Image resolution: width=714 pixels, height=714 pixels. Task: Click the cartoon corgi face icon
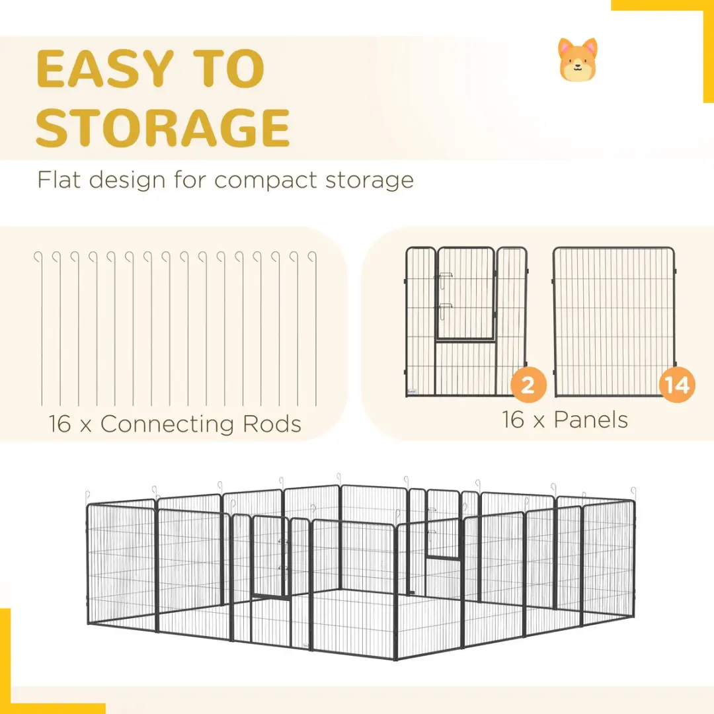click(x=578, y=59)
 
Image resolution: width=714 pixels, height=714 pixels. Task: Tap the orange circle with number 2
click(x=528, y=385)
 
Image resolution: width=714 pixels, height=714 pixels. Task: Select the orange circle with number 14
click(x=677, y=385)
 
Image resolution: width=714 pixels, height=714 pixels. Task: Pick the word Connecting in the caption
click(x=167, y=425)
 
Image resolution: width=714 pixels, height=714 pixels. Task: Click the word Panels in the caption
click(x=590, y=419)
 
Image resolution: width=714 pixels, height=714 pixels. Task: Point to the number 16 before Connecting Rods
click(x=59, y=424)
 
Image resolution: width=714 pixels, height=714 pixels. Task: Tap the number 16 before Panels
click(x=513, y=419)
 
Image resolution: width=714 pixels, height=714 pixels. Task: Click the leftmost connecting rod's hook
click(x=38, y=257)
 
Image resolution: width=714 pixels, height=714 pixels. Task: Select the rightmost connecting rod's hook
click(x=312, y=257)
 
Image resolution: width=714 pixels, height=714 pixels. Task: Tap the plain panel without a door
click(x=614, y=321)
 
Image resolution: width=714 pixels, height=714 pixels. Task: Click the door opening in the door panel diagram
click(x=465, y=294)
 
